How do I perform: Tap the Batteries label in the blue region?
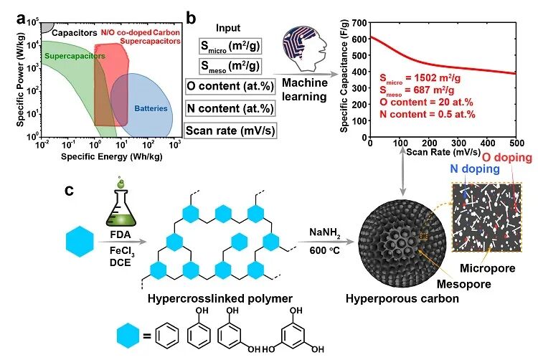[151, 109]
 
